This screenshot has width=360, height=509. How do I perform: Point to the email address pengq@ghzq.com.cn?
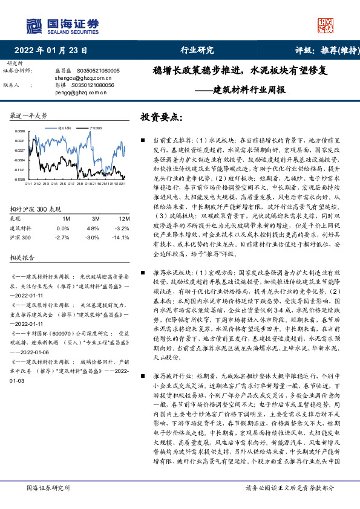(76, 92)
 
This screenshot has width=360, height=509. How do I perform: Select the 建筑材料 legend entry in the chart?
(65, 129)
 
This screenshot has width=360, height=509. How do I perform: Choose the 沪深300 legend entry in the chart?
(95, 129)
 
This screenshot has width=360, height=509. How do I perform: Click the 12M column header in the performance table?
(123, 218)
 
